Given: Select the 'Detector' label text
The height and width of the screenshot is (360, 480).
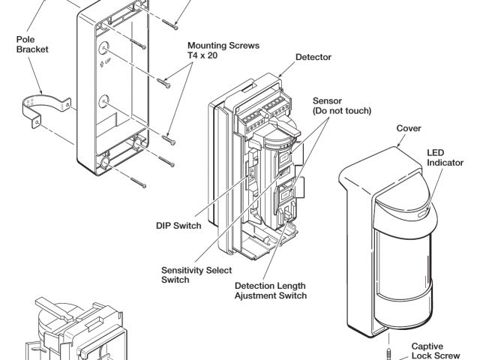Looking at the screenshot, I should [313, 57].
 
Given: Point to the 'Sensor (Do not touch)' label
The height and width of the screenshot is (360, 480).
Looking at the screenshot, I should [330, 106].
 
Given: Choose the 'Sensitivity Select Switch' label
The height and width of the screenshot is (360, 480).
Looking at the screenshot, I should [186, 274].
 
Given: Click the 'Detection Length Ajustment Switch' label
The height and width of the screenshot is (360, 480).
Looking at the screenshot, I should [271, 290].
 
